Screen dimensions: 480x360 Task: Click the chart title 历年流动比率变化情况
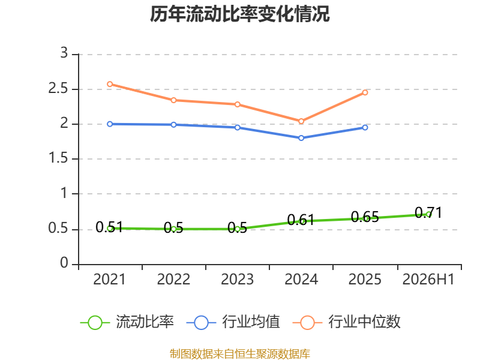[239, 14]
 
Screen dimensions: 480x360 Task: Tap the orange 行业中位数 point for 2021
[110, 84]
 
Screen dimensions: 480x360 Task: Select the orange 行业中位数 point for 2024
[301, 121]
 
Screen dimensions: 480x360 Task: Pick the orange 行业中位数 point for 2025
[365, 92]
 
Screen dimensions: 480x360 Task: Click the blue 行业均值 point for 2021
[110, 124]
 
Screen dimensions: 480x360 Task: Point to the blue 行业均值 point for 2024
[301, 138]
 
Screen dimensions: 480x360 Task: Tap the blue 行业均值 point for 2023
[237, 127]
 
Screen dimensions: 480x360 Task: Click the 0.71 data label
[428, 213]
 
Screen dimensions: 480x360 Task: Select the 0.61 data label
[301, 220]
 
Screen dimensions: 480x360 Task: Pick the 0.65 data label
[365, 217]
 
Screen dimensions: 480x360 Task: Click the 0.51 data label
[109, 227]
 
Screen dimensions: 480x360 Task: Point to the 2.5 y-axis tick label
[58, 88]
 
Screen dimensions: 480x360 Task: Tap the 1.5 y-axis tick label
[58, 158]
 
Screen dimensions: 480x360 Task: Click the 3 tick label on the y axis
[64, 53]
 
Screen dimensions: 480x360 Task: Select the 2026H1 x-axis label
[428, 279]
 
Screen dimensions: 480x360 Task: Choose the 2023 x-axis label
[237, 279]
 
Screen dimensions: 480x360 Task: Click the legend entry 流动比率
[127, 322]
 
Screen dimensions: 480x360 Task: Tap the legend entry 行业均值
[233, 322]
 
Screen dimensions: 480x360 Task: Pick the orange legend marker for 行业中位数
[307, 323]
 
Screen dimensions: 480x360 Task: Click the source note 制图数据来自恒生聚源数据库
[240, 354]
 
